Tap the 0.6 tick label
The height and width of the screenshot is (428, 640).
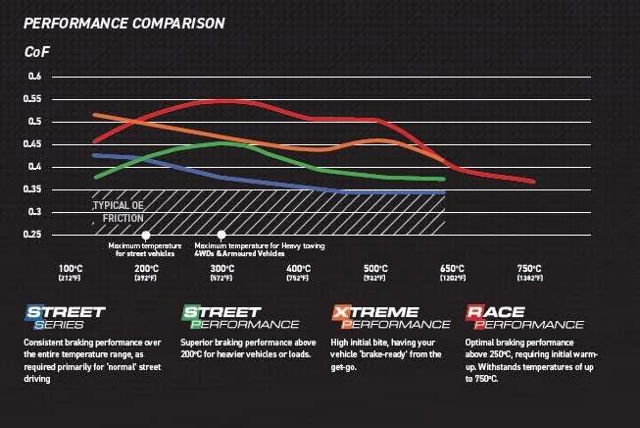tap(34, 77)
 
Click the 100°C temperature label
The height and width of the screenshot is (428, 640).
tap(71, 270)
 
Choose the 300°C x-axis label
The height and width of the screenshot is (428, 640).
tap(222, 270)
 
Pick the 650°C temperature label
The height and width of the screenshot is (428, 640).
tap(452, 270)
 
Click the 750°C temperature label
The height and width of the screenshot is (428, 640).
tap(528, 270)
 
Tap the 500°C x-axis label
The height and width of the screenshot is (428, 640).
tap(375, 270)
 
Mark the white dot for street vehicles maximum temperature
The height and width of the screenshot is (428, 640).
tap(146, 235)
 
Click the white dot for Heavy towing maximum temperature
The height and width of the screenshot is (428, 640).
tap(222, 235)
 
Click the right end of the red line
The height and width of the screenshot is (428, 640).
tap(533, 182)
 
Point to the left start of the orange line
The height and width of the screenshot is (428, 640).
tap(94, 115)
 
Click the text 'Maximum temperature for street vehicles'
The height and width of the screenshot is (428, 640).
tap(146, 249)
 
